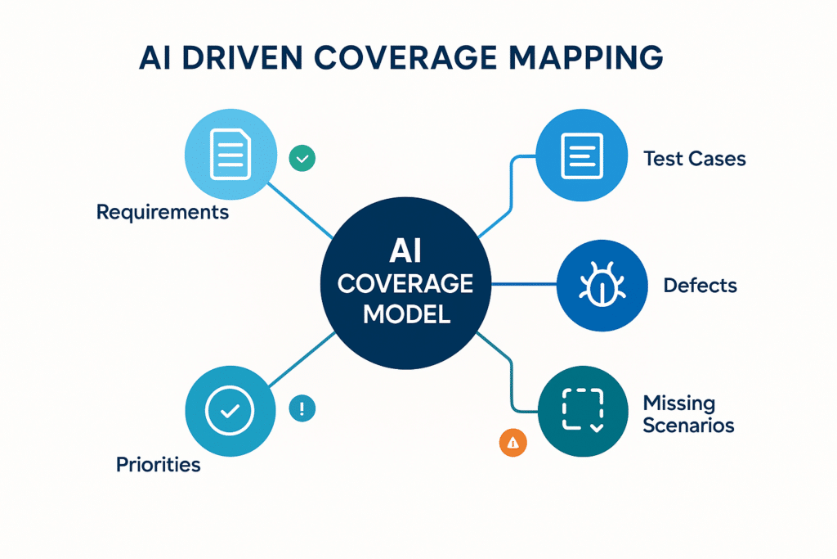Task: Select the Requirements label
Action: (163, 213)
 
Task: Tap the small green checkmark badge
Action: (302, 158)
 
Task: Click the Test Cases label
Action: (694, 159)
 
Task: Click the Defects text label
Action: (700, 286)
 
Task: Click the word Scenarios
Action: (688, 426)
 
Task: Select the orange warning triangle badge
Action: (512, 443)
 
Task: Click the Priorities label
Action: (158, 465)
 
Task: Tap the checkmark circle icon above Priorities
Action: (230, 412)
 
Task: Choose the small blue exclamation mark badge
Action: (302, 408)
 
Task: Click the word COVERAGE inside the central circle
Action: (405, 284)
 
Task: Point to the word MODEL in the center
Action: (405, 313)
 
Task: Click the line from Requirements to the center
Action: (298, 205)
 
